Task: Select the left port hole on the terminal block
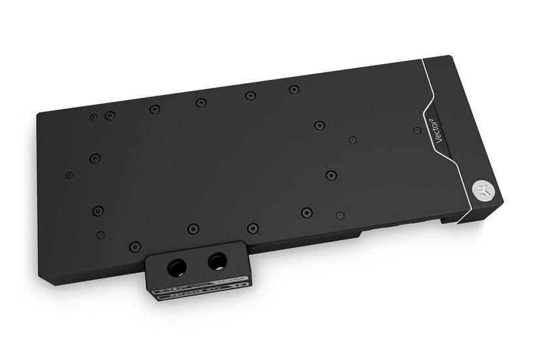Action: (177, 266)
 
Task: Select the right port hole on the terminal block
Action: (216, 262)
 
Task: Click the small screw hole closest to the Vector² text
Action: (417, 130)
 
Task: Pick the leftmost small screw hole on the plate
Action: (69, 175)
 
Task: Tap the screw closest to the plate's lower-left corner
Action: (135, 247)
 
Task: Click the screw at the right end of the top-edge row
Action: (294, 89)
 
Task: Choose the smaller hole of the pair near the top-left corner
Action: (94, 117)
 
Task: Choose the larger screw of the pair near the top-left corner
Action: (110, 116)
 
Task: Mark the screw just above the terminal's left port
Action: (193, 228)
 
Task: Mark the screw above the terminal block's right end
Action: (253, 228)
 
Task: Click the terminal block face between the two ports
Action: (196, 265)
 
